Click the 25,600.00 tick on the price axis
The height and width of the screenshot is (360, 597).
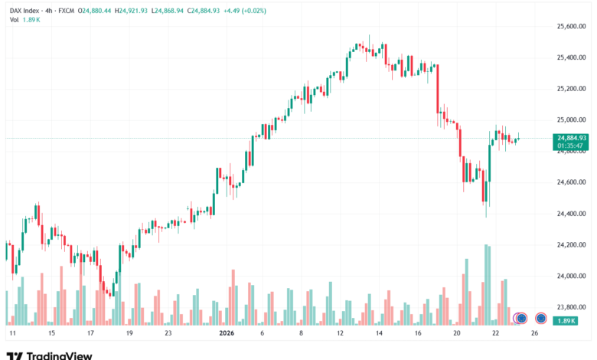(x=571, y=26)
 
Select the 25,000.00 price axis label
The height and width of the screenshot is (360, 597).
(x=571, y=119)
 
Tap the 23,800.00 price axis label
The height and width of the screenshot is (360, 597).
(x=571, y=306)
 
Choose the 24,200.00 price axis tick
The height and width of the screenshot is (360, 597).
(x=571, y=244)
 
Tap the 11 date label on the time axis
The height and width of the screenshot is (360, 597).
(x=12, y=334)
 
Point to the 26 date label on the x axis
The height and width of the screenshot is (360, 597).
(x=535, y=334)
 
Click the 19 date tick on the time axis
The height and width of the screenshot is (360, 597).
(x=129, y=334)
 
